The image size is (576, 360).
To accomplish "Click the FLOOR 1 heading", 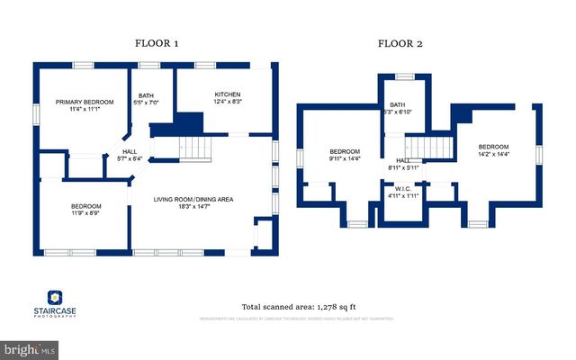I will tap(157, 42).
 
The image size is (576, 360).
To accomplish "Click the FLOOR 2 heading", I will tap(400, 42).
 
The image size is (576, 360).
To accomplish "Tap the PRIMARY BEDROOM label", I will tap(85, 103).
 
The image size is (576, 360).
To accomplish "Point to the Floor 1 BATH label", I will tap(145, 95).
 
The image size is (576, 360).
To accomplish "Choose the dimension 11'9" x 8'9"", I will tap(86, 214).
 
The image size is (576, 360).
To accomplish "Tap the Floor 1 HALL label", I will tap(130, 152).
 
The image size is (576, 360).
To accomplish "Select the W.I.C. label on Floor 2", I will tap(402, 188).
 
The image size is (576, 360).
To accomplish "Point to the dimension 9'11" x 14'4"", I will tap(345, 159).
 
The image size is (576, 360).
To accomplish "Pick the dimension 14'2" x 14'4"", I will tap(493, 155).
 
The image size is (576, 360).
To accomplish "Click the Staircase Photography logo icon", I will tap(53, 297).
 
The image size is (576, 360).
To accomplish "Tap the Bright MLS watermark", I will tap(30, 347).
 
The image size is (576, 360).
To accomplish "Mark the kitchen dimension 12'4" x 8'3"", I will tap(227, 102).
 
